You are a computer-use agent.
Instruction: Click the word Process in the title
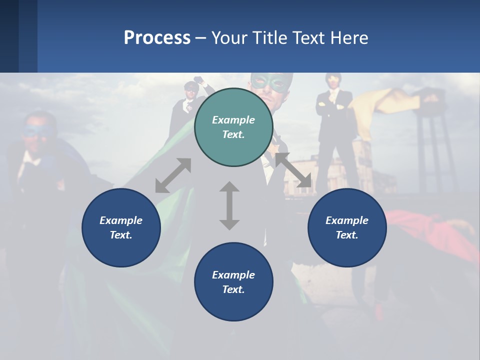click(x=157, y=37)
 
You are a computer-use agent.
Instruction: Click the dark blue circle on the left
click(x=121, y=227)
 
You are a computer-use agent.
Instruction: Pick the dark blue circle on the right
click(x=347, y=227)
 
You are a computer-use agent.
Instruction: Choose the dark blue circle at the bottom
click(x=233, y=282)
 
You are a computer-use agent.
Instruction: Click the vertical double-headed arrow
click(x=229, y=205)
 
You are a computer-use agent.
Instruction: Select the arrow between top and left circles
click(x=173, y=175)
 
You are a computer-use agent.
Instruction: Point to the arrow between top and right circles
click(x=293, y=170)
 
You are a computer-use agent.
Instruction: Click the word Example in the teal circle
click(x=233, y=120)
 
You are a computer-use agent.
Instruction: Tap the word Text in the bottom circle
click(x=232, y=289)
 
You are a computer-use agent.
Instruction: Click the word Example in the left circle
click(x=121, y=220)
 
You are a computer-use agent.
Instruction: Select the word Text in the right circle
click(x=346, y=235)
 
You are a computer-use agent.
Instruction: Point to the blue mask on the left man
click(x=36, y=131)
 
